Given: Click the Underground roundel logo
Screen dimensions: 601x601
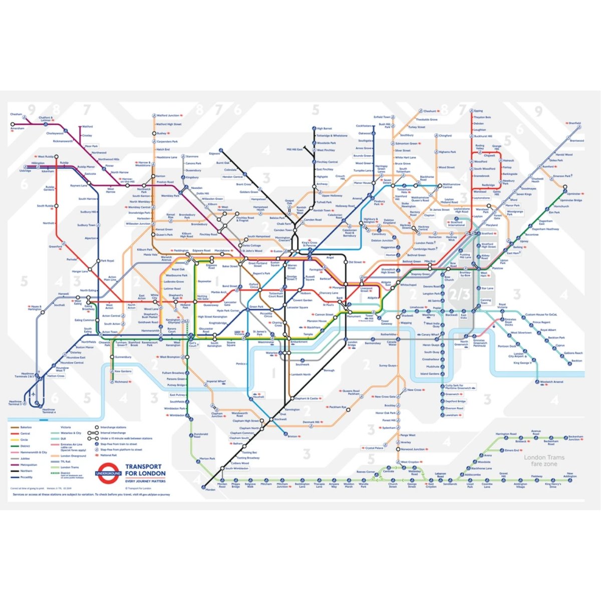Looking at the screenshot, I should [x=108, y=473].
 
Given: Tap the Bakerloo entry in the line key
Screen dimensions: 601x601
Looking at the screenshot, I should [x=26, y=427].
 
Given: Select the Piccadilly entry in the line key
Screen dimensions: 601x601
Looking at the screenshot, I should [x=26, y=477].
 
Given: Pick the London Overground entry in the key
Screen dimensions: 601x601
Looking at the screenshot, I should [x=73, y=456].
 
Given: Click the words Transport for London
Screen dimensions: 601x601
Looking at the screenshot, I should [x=145, y=470].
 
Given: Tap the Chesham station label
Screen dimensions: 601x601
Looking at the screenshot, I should [x=16, y=114].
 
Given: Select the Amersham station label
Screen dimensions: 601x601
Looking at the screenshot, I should [x=17, y=128].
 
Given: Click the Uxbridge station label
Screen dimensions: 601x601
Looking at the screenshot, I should [x=25, y=171].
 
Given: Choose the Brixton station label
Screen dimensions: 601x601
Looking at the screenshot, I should [x=292, y=436].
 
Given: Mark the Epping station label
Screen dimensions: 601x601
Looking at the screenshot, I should [x=478, y=111].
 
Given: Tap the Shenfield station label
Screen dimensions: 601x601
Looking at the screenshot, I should [x=574, y=123].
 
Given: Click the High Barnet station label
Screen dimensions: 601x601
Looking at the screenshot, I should [x=325, y=129].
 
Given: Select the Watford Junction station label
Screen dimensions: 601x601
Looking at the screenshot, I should [x=167, y=116].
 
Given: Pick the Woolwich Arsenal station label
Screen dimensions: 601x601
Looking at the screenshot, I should [x=551, y=382].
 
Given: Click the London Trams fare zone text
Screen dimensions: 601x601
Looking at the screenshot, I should [x=544, y=460].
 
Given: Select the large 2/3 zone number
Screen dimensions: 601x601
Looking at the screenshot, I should [x=459, y=293].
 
